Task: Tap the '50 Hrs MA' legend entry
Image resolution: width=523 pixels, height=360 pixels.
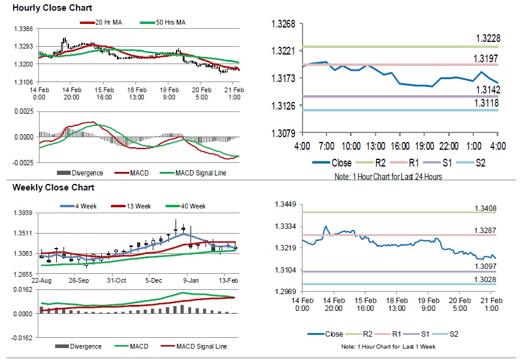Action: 170,23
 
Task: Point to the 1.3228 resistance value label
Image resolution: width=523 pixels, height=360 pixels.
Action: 488,39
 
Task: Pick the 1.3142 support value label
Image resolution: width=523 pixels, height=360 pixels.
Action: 488,89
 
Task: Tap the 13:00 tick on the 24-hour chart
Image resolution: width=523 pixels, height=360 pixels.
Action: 375,147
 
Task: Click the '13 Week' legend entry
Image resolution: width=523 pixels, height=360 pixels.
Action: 135,206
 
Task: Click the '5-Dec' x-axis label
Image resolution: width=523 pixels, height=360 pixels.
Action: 153,280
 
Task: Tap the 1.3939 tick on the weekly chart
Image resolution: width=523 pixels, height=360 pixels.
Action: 23,213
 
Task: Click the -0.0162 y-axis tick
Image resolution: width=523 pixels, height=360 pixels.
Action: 22,338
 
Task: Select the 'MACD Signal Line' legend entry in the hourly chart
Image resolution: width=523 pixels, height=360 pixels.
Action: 201,173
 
